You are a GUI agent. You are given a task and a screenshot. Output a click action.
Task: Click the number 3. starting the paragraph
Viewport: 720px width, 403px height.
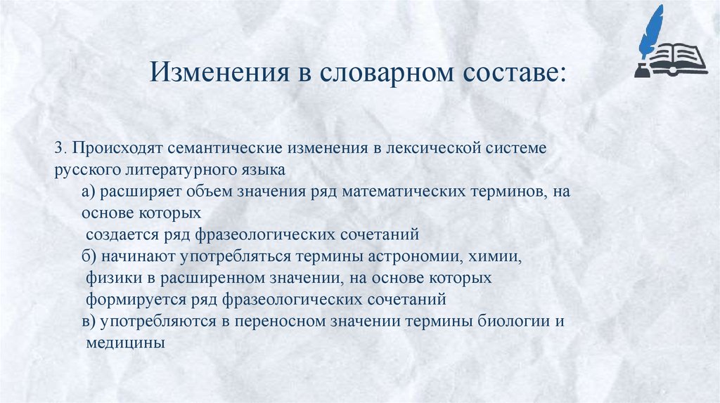pyautogui.click(x=60, y=150)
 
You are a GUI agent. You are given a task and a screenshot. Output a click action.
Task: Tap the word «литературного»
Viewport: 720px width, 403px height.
pyautogui.click(x=187, y=170)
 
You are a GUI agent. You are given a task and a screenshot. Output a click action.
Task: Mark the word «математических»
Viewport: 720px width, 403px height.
pyautogui.click(x=395, y=192)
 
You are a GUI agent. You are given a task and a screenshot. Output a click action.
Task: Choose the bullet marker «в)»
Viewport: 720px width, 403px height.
pyautogui.click(x=90, y=322)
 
